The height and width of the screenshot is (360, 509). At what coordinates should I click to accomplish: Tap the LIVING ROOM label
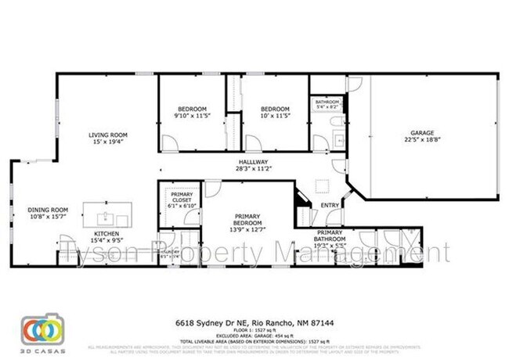pyautogui.click(x=107, y=135)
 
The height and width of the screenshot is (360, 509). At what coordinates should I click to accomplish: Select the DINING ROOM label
pyautogui.click(x=49, y=209)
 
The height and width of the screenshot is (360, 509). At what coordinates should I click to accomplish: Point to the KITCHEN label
pyautogui.click(x=107, y=233)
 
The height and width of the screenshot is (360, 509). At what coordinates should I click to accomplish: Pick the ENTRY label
pyautogui.click(x=330, y=206)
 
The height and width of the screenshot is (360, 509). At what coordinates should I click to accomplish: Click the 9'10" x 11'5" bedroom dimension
pyautogui.click(x=190, y=115)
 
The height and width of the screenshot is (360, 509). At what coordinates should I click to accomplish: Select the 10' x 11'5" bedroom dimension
pyautogui.click(x=275, y=115)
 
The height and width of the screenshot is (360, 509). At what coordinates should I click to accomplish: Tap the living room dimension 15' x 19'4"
pyautogui.click(x=107, y=142)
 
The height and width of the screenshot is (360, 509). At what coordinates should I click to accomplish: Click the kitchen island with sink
pyautogui.click(x=106, y=214)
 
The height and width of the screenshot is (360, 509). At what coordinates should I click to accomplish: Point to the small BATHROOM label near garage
pyautogui.click(x=327, y=103)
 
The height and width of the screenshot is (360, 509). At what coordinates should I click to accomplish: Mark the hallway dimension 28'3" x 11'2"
pyautogui.click(x=254, y=168)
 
